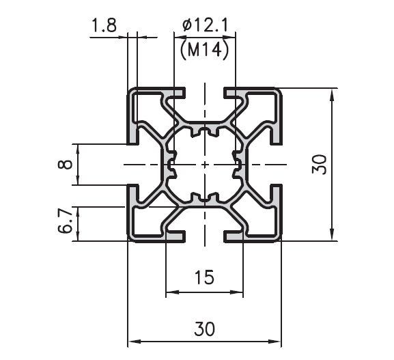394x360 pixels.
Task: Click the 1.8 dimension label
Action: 104,25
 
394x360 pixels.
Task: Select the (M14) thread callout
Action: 205,51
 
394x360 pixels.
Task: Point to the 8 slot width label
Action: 65,165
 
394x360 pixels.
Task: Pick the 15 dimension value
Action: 205,277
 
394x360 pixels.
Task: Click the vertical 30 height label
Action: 319,165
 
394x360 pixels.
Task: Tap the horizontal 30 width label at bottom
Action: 205,329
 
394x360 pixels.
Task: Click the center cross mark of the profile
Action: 205,165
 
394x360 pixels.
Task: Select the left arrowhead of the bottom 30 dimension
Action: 134,342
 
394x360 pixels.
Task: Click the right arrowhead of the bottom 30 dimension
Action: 275,342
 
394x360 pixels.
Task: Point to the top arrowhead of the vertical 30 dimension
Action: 333,94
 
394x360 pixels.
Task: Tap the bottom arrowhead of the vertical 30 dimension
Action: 333,234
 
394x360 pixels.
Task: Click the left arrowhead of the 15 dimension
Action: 172,292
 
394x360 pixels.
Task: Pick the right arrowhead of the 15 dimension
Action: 237,292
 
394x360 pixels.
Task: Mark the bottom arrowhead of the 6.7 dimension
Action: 78,235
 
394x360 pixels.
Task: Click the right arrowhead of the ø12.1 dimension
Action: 229,37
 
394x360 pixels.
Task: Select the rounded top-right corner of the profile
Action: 279,92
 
